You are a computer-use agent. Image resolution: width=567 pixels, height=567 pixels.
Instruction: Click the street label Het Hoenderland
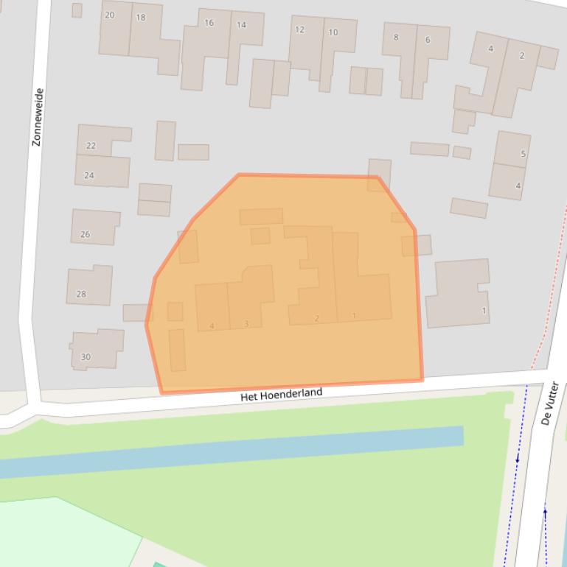coord(282,394)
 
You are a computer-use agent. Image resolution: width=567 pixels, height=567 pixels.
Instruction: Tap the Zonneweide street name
coord(38,117)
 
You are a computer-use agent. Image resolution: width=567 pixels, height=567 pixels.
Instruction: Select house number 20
coord(109,15)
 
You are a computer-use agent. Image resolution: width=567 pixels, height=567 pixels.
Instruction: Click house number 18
coord(140,17)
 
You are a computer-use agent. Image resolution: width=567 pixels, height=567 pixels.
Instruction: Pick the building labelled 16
coord(209,23)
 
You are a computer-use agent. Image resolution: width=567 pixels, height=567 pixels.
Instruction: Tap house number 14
coord(241,24)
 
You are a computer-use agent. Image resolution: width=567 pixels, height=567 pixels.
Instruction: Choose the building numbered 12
coord(299,29)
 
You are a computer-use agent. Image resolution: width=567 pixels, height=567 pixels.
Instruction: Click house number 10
coord(333,32)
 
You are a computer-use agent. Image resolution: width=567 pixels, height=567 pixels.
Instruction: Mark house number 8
coord(396,37)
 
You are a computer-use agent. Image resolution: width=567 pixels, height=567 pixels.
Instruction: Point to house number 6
coord(428,40)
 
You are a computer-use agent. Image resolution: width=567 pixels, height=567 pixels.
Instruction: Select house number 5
coord(523,154)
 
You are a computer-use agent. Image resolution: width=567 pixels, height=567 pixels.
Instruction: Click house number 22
coord(91,146)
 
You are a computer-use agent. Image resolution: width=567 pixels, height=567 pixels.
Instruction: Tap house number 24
coord(89,175)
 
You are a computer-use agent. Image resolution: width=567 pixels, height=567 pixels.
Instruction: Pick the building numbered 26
coord(85,234)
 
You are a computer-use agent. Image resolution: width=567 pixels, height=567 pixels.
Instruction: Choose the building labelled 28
coord(81,294)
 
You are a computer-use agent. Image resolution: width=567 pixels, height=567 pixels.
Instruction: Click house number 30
coord(86,357)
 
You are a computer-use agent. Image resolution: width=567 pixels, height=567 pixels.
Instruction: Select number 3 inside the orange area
coord(246,324)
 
